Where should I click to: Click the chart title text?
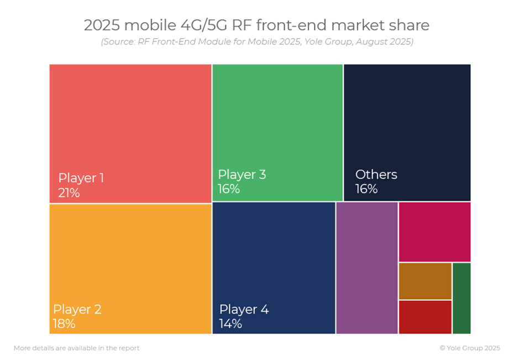[x=256, y=25]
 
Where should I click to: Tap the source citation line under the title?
[x=256, y=42]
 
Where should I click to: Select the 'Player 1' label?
[x=81, y=178]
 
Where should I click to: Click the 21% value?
[x=69, y=193]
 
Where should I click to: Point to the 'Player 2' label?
[x=77, y=309]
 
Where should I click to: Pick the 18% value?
[x=64, y=324]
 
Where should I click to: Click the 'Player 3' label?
[x=242, y=175]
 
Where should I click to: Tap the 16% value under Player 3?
[x=228, y=189]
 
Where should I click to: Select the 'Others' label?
[x=376, y=175]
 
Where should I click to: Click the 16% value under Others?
[x=366, y=189]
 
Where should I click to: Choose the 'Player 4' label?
[x=244, y=309]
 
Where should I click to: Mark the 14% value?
[x=230, y=324]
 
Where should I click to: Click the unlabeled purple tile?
[x=367, y=268]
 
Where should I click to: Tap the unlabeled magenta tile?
[x=434, y=232]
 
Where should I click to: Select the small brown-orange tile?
[x=425, y=281]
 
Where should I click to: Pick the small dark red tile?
[x=425, y=317]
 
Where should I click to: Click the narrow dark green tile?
[x=461, y=299]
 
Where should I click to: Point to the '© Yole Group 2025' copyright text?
[x=470, y=348]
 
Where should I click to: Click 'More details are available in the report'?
[x=76, y=348]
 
